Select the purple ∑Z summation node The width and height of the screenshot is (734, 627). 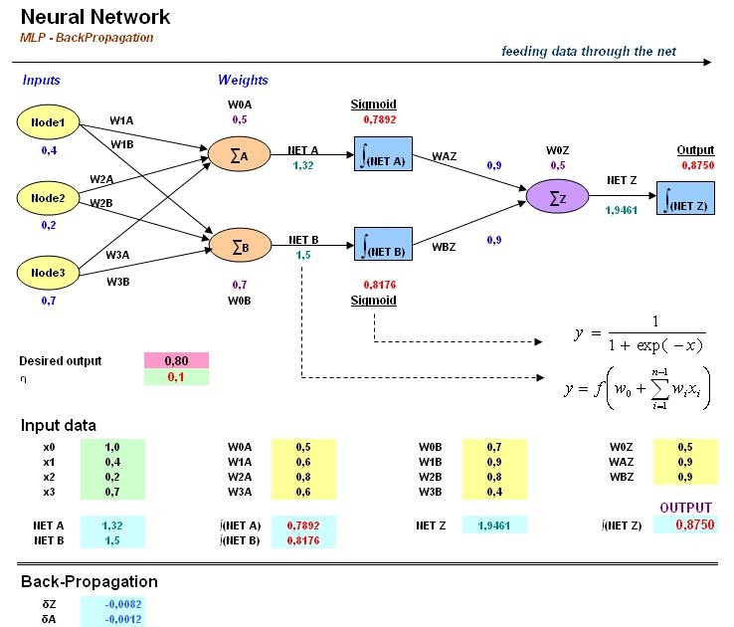coord(556,198)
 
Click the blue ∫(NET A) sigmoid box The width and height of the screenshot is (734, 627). coord(383,155)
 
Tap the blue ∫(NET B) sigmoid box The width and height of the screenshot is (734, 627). coord(383,244)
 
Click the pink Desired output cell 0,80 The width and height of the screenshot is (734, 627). coord(176,361)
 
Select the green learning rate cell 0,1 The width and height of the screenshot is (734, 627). coord(176,379)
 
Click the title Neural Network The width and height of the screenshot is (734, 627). coord(94,17)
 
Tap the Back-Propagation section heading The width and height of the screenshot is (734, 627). coord(89,581)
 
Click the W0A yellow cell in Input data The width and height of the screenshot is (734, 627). coord(303,448)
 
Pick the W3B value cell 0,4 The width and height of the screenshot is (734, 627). coord(493,493)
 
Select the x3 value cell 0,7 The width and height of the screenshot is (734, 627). coord(112,493)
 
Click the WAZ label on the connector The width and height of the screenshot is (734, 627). coord(444,156)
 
